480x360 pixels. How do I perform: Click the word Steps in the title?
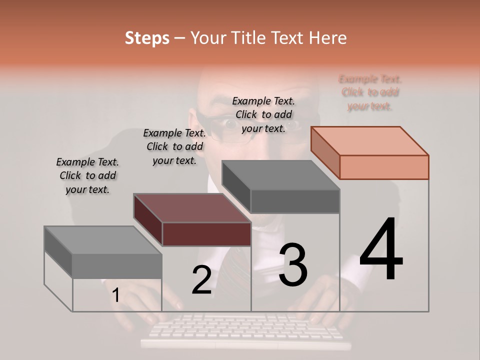pos(146,38)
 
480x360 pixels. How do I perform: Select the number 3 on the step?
pos(293,265)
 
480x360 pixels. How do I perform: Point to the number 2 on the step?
pos(201,280)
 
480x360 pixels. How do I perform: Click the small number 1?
pos(116,295)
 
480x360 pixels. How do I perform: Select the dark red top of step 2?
pos(192,208)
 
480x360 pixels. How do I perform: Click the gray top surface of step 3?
pos(280,175)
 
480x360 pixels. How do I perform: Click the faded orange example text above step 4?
pos(370,92)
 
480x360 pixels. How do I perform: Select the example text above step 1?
pos(87,176)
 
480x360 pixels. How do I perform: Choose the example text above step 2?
pos(174,147)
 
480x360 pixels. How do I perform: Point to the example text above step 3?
pos(263,115)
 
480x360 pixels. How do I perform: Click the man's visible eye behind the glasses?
pos(231,123)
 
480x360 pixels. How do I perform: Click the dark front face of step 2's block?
pos(206,234)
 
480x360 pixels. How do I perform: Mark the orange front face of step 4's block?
pos(384,167)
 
